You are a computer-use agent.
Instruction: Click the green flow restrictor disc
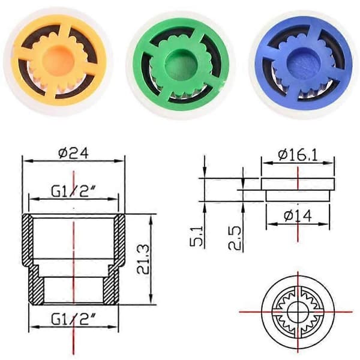tap(181, 64)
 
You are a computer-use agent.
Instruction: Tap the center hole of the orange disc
tap(59, 60)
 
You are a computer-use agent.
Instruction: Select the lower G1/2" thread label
tap(73, 319)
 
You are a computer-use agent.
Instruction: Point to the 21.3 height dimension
tap(143, 259)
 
